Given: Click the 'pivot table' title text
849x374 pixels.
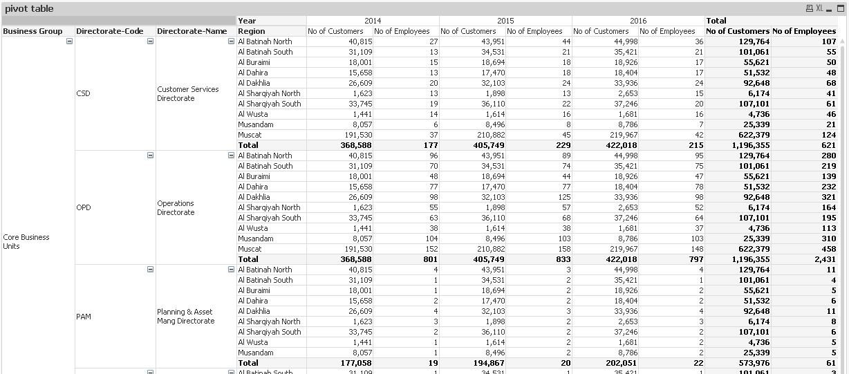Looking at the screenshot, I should click(x=29, y=9).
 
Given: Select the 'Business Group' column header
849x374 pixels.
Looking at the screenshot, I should click(x=32, y=31).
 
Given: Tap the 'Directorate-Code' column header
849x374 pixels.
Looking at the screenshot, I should click(x=110, y=31).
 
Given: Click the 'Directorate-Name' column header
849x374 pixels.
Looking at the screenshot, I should click(x=192, y=31).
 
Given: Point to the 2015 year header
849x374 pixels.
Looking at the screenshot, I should click(x=505, y=21).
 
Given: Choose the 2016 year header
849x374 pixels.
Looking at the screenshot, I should click(x=638, y=21).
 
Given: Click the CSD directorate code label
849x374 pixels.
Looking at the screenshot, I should click(x=83, y=93).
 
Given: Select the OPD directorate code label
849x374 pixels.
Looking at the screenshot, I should click(x=84, y=207).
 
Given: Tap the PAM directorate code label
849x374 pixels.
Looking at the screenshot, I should click(x=84, y=317).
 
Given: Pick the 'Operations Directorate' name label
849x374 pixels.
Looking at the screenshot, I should click(x=176, y=207).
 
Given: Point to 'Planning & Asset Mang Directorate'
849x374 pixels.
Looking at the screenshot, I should click(x=185, y=317).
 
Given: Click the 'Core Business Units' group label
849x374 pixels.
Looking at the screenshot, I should click(x=26, y=241).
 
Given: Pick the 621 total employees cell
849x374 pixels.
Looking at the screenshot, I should click(x=828, y=145).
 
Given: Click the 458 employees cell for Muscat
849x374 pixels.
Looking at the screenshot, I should click(x=828, y=249).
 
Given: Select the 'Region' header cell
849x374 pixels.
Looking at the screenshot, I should click(x=251, y=31).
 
